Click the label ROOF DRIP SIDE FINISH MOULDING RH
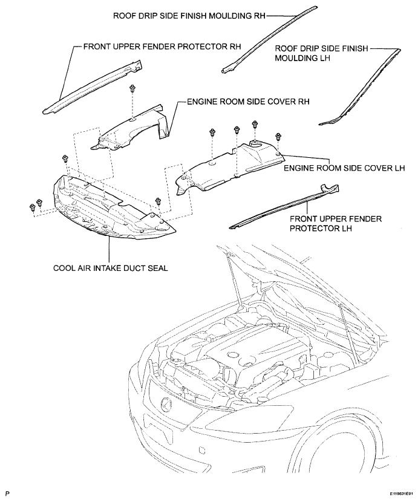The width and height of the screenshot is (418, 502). tap(189, 16)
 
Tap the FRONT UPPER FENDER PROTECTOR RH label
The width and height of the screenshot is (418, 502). tap(162, 47)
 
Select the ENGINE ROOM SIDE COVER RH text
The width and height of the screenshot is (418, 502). tap(248, 102)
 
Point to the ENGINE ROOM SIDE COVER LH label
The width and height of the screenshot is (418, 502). tap(344, 168)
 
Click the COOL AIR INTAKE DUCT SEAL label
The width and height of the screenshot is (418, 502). tap(111, 268)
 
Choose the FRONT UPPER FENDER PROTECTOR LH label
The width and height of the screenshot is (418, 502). tap(336, 223)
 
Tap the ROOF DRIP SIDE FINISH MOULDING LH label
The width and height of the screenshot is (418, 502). tap(322, 53)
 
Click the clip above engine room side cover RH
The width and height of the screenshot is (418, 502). tap(132, 89)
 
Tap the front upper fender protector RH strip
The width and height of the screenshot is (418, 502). tap(93, 86)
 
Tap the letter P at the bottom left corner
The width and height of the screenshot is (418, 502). tap(7, 494)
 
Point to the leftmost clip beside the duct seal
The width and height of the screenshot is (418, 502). tap(32, 207)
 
